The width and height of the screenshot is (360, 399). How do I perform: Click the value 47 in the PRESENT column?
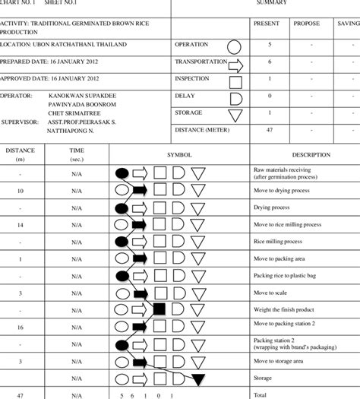(x=269, y=130)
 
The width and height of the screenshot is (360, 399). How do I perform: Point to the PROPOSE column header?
(x=306, y=24)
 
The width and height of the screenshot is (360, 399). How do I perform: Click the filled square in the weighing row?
(x=159, y=309)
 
